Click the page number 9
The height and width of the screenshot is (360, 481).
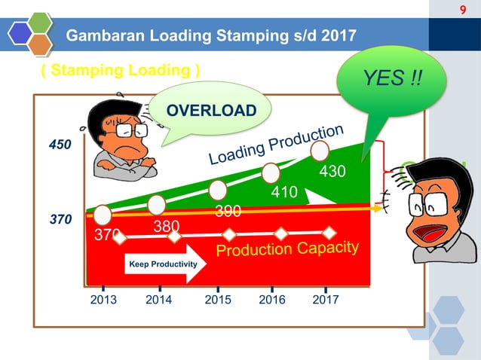click(464, 10)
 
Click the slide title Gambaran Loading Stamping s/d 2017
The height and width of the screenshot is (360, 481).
click(212, 35)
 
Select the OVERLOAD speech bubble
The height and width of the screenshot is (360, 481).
click(210, 111)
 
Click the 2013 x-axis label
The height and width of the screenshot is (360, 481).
click(103, 300)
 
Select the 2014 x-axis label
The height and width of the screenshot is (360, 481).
click(160, 300)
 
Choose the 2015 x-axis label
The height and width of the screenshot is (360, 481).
click(219, 300)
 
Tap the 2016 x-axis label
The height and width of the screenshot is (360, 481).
click(272, 300)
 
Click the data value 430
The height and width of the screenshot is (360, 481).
click(332, 172)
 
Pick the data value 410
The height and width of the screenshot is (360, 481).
click(284, 193)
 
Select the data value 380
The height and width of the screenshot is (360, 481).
click(165, 225)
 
